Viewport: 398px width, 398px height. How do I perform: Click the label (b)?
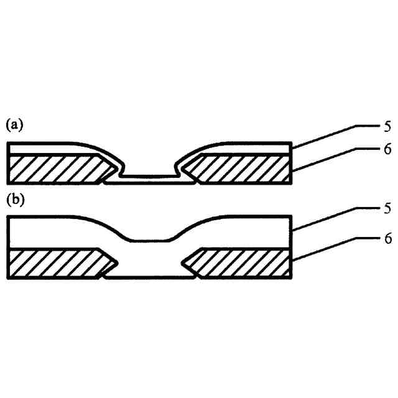coord(14,200)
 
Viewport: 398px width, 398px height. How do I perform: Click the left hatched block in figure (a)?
coord(56,169)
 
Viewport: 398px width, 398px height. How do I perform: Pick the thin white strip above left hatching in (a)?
coord(44,149)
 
